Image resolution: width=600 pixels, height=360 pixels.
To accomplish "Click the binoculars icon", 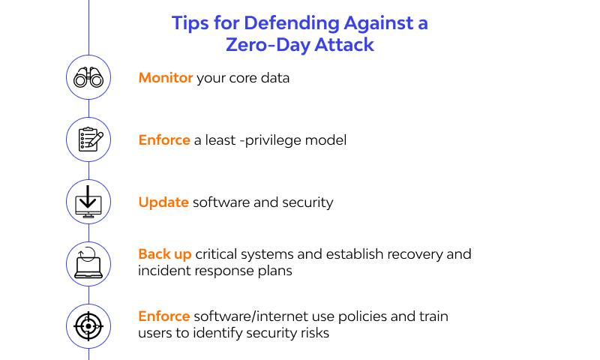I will click(89, 78).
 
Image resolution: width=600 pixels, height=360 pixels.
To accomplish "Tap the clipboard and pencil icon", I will click(89, 139).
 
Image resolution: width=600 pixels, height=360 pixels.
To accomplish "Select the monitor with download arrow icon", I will click(89, 202).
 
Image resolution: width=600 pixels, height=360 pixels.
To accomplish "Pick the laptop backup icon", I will click(89, 263).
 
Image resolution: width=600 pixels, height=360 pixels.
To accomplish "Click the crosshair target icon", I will click(89, 325).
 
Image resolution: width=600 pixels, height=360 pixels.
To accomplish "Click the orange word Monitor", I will click(166, 78).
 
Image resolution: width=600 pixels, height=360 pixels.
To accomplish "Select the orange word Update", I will click(163, 202).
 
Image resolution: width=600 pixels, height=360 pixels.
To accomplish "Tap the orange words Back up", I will click(165, 253).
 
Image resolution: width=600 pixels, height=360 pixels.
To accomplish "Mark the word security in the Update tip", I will click(307, 202).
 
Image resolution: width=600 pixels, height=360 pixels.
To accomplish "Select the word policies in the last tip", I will click(359, 316).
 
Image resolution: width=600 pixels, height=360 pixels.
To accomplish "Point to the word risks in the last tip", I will click(312, 332).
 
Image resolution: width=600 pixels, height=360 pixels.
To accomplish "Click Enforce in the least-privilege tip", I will click(164, 140).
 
